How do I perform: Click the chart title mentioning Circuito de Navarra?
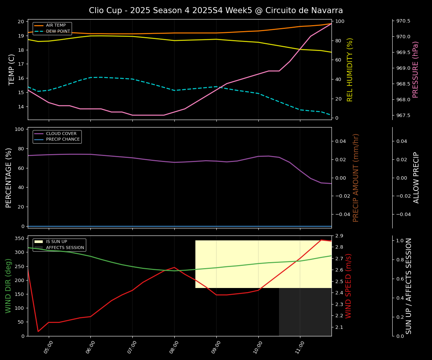[216, 10]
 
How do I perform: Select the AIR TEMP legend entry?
[55, 25]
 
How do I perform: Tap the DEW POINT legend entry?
[58, 31]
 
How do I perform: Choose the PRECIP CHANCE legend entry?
[63, 139]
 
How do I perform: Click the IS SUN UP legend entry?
[56, 242]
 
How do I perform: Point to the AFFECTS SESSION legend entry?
[64, 248]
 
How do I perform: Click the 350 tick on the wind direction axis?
[20, 238]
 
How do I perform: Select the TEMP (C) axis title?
[12, 69]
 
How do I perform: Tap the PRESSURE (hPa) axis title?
[415, 69]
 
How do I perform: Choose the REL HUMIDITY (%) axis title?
[350, 69]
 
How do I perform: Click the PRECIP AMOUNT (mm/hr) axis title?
[356, 177]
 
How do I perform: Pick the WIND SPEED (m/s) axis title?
[348, 286]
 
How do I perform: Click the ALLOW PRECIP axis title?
[416, 177]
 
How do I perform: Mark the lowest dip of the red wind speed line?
[38, 331]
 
